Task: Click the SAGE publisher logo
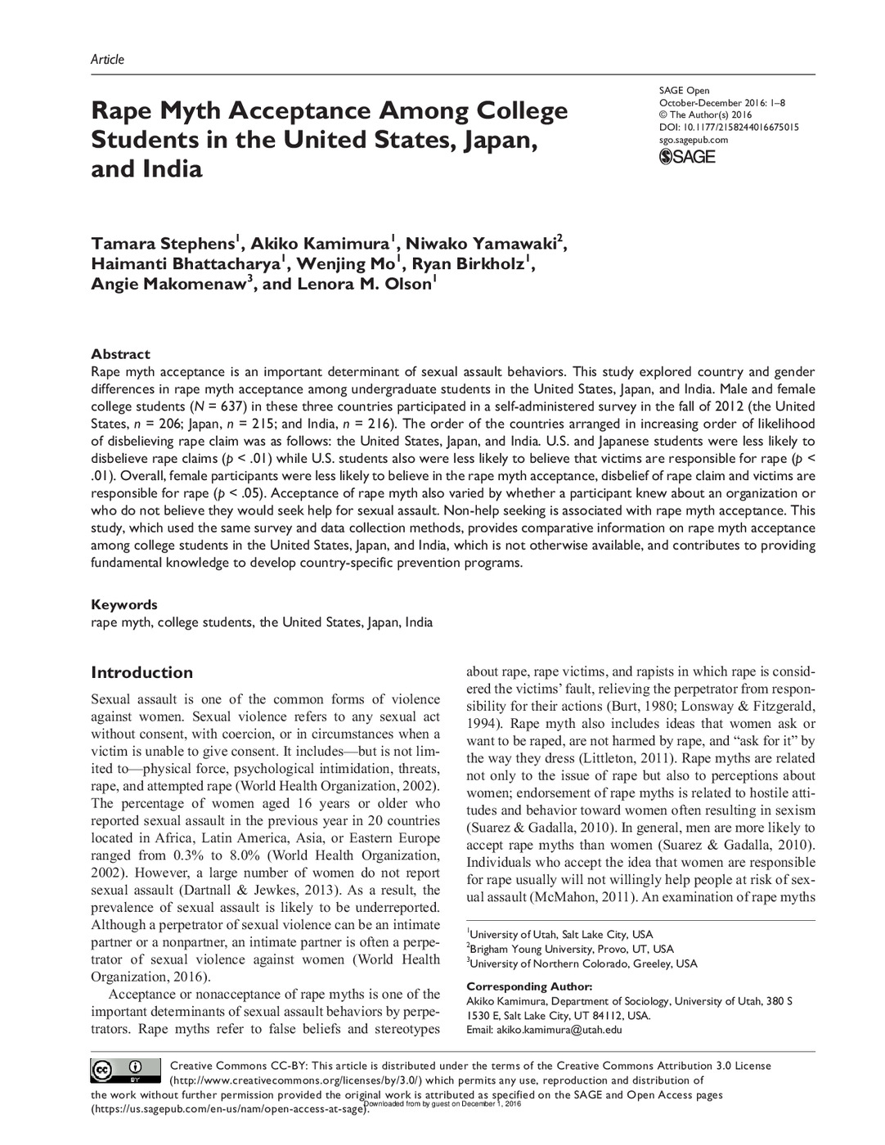pyautogui.click(x=687, y=156)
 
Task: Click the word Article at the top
pyautogui.click(x=107, y=59)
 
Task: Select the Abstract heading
pyautogui.click(x=120, y=354)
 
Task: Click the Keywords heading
pyautogui.click(x=124, y=604)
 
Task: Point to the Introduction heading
pyautogui.click(x=142, y=672)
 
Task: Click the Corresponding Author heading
pyautogui.click(x=528, y=986)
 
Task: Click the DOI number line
pyautogui.click(x=729, y=128)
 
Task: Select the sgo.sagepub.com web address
pyautogui.click(x=693, y=140)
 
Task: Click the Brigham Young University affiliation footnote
pyautogui.click(x=571, y=949)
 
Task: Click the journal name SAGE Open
pyautogui.click(x=684, y=91)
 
